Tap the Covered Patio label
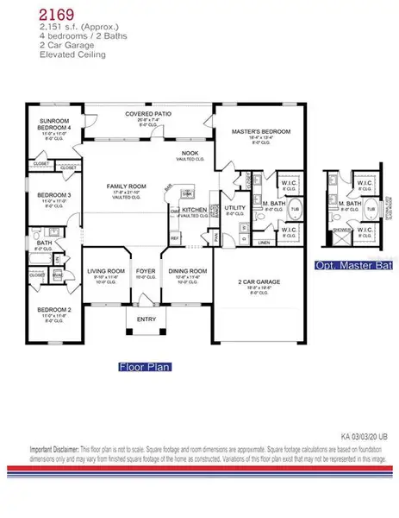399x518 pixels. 149,113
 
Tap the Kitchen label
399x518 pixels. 193,210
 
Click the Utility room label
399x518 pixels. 234,208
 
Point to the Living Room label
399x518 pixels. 106,271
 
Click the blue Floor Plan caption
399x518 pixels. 144,366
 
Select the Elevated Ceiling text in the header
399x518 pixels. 72,54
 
